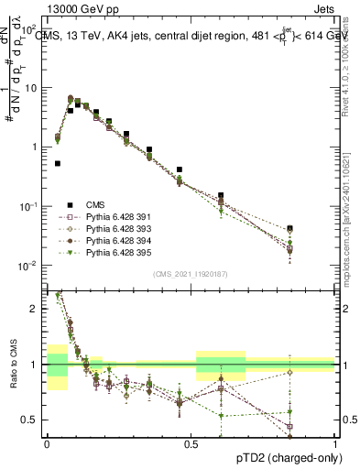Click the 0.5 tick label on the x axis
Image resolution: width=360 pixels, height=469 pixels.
pos(191,444)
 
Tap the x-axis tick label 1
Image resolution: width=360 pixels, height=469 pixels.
pos(334,444)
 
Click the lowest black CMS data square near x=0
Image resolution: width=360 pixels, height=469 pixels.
pos(58,164)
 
